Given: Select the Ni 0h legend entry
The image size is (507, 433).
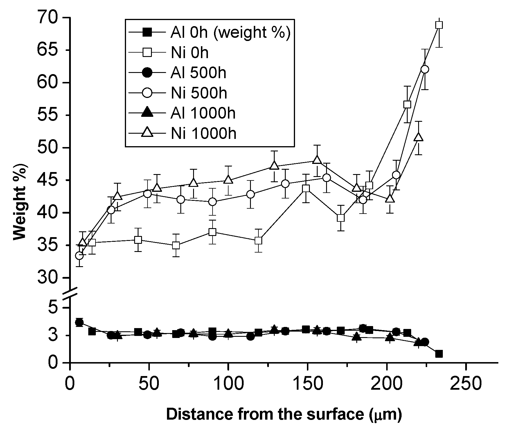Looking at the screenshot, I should pos(189,53).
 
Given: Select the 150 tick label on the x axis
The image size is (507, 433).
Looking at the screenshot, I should pos(307,383).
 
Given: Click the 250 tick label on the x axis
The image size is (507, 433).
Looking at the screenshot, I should pos(465,383).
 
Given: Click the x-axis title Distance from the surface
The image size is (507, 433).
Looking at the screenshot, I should pos(284,414).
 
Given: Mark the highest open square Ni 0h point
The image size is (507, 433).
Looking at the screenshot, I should pos(439,25).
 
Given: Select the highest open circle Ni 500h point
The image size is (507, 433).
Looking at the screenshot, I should pos(425,69).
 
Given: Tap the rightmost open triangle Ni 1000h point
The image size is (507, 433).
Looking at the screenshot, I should pos(418,137).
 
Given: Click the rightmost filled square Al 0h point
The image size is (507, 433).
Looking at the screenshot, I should pos(439,354).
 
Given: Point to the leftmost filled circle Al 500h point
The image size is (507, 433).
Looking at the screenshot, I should pos(79,322).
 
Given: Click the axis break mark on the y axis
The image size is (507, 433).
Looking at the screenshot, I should pos(71,293).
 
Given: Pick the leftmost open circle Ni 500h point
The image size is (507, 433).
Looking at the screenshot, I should pos(79,256).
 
